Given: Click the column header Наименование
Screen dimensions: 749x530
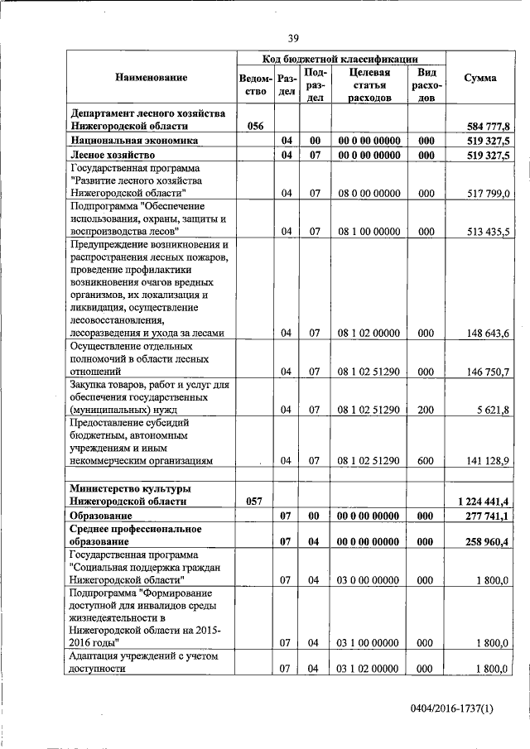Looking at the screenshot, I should pyautogui.click(x=152, y=78).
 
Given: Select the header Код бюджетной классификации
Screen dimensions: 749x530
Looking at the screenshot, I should pyautogui.click(x=340, y=59).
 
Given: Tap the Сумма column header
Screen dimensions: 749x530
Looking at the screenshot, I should pyautogui.click(x=480, y=78).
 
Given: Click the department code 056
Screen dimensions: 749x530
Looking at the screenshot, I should pyautogui.click(x=255, y=126).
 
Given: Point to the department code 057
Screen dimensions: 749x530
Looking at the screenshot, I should pyautogui.click(x=255, y=501).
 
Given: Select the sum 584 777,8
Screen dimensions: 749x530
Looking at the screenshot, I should pyautogui.click(x=489, y=126).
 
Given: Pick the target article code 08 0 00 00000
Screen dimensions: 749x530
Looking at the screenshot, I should pyautogui.click(x=369, y=194).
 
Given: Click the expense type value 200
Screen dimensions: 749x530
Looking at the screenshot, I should pyautogui.click(x=426, y=410).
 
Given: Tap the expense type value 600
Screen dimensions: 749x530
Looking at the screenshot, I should pyautogui.click(x=426, y=460).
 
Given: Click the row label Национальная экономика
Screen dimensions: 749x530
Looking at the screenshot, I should pyautogui.click(x=122, y=141).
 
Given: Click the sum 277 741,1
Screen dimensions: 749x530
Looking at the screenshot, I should pyautogui.click(x=489, y=516).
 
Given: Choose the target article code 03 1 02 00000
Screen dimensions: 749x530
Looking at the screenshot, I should pyautogui.click(x=369, y=669).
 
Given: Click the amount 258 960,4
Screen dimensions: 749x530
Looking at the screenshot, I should pyautogui.click(x=489, y=541).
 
